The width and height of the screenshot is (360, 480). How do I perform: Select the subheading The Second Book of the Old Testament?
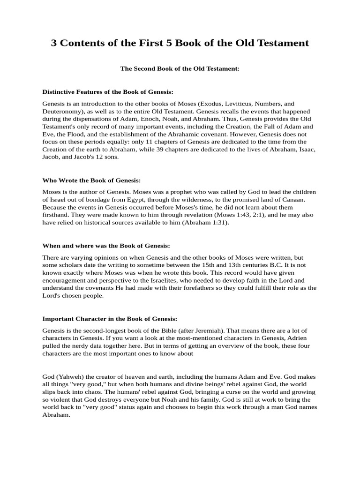(180, 68)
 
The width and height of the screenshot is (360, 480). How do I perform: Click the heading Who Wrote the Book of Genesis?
(91, 180)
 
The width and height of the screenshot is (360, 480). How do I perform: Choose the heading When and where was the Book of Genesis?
(106, 246)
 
